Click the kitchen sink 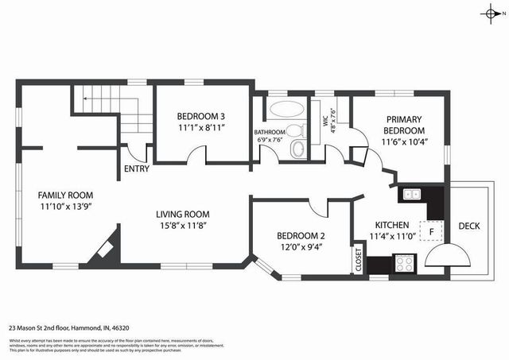[412, 193]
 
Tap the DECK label [468, 226]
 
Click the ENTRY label [137, 168]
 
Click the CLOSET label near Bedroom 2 [359, 260]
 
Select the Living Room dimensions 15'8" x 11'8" [181, 226]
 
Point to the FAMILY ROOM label [66, 195]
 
